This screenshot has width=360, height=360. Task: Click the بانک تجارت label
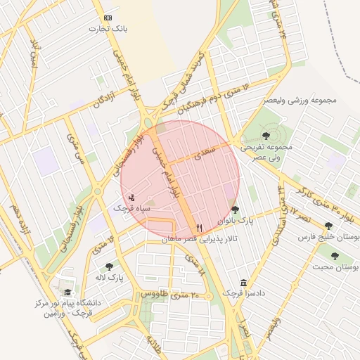point(107,29)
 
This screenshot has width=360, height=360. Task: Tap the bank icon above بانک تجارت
point(107,17)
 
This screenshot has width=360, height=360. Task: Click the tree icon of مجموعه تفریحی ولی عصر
point(266,136)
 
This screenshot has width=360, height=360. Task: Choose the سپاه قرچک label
point(131,209)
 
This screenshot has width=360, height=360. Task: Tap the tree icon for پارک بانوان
point(235,209)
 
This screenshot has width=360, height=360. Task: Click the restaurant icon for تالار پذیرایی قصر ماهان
point(200,228)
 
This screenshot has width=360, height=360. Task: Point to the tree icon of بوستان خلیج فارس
point(328,226)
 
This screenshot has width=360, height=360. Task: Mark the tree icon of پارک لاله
point(109,266)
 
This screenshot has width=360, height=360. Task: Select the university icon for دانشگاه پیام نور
point(67,292)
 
